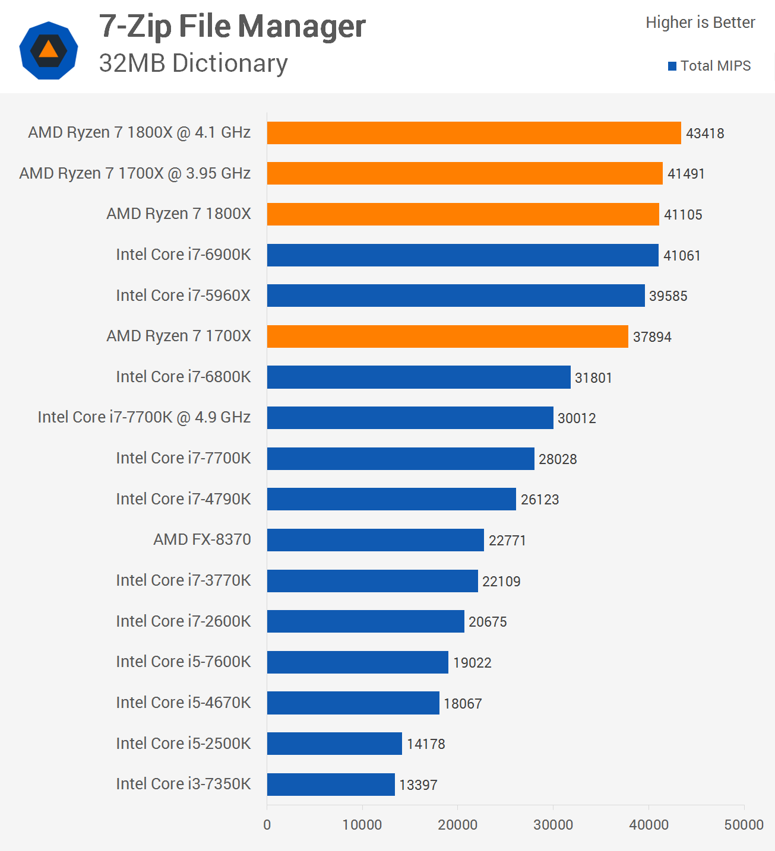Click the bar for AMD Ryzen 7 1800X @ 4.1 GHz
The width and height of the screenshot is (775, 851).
(474, 133)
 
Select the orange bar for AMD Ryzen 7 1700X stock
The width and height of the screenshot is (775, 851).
(447, 336)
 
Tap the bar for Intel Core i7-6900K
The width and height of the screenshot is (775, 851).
(463, 255)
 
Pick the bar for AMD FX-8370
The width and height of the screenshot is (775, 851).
(375, 540)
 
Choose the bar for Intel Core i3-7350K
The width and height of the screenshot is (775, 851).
(331, 785)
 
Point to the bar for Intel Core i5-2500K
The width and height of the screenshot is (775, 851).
(334, 744)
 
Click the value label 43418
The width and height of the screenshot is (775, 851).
(705, 134)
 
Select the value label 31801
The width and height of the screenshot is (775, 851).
(593, 378)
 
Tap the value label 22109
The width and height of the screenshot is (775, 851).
(501, 582)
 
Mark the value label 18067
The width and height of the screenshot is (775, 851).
(463, 704)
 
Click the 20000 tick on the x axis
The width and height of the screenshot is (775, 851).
(457, 824)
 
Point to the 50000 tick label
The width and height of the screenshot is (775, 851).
(744, 824)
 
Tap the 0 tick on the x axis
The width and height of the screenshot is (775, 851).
(267, 824)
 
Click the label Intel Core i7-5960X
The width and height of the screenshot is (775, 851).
(184, 296)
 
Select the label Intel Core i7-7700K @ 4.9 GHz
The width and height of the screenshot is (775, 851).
(144, 417)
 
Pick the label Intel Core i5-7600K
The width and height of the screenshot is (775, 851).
(184, 662)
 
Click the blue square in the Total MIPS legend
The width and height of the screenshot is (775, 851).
(672, 66)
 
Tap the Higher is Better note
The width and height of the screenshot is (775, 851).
(700, 23)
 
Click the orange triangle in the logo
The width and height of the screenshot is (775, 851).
(49, 50)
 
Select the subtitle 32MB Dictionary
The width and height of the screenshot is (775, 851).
(193, 63)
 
